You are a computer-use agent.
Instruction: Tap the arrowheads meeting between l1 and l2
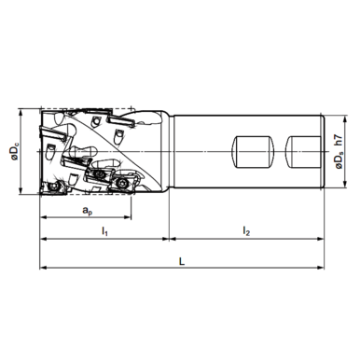coord(168,237)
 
